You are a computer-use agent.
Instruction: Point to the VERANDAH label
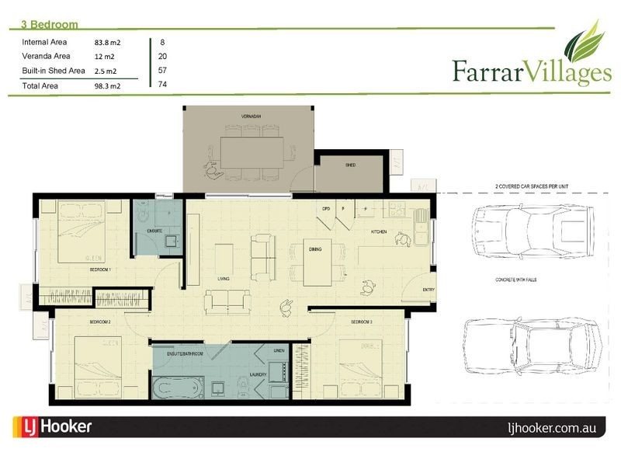point(250,116)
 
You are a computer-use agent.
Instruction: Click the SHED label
point(350,165)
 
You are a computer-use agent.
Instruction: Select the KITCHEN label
point(378,231)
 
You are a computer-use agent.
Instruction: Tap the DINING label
point(315,249)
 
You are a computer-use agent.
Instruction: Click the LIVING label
point(224,278)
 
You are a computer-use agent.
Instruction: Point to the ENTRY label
point(428,290)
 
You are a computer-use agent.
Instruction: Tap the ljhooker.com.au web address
point(552,427)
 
